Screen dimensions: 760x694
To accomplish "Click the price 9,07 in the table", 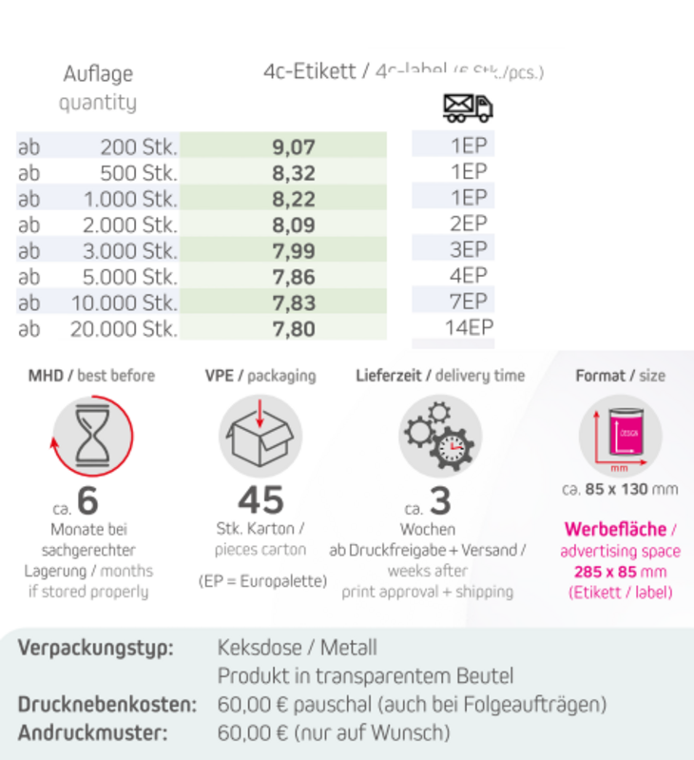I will coord(293,147).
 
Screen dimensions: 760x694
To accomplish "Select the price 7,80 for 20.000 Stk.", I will coord(293,329).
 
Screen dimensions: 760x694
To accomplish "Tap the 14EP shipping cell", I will coord(469,329).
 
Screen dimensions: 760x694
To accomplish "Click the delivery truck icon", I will coord(468,107).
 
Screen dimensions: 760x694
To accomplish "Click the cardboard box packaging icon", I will coord(260,436).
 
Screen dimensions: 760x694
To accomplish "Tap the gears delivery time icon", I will coord(439,436).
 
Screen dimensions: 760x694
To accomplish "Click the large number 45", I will coord(260,500).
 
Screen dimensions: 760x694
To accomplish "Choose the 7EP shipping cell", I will coord(469,302).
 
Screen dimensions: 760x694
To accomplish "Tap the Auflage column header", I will coord(98,74).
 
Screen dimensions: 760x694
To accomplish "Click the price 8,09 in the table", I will coord(293,225).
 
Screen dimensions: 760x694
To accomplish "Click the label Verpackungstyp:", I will coord(96,648).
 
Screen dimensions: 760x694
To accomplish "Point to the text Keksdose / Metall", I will coord(298,648).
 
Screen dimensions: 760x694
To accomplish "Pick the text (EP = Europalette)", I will coord(261,580).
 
